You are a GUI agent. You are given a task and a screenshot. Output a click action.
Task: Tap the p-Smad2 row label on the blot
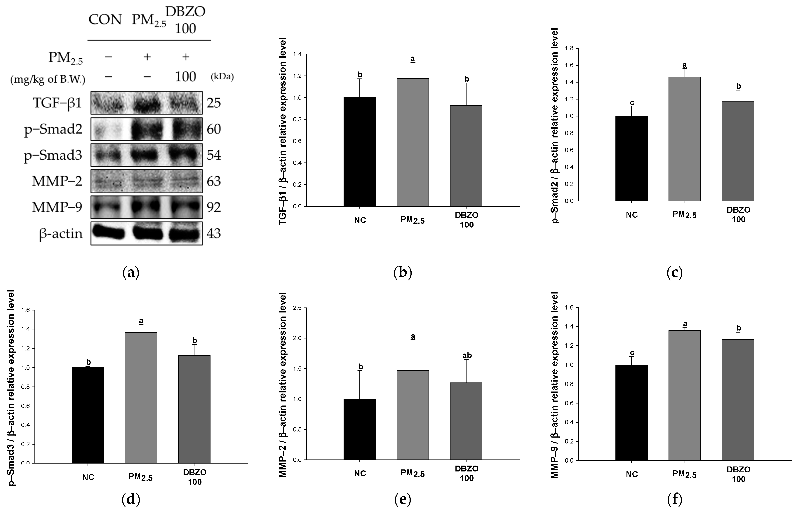click(53, 129)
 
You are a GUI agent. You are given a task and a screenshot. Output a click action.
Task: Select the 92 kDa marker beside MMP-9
click(214, 207)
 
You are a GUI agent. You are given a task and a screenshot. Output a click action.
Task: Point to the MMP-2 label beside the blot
click(57, 181)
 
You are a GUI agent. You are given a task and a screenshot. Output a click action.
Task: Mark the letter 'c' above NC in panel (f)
click(632, 353)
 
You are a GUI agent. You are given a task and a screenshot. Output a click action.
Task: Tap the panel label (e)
click(403, 499)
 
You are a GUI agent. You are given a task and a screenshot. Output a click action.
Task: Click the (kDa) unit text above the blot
click(222, 77)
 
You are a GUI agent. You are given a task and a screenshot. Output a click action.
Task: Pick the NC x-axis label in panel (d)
click(88, 477)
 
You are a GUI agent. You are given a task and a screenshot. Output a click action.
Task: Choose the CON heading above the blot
click(105, 20)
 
